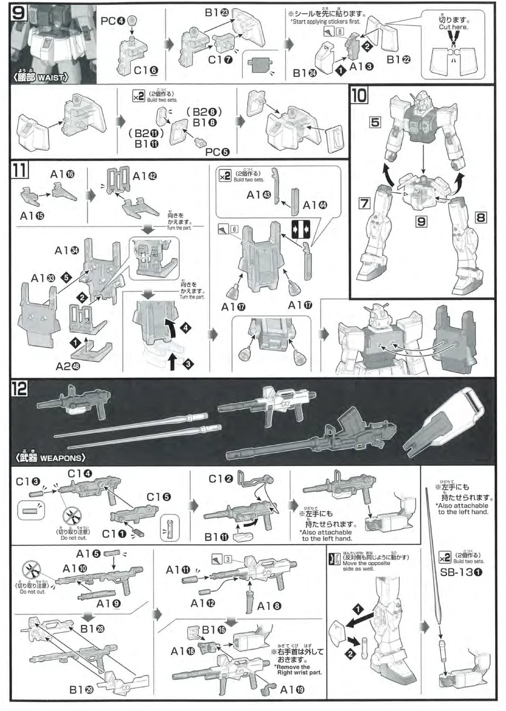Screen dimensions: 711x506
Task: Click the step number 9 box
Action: click(18, 12)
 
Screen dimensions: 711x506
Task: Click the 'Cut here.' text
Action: click(453, 27)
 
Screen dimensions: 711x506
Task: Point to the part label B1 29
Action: click(81, 690)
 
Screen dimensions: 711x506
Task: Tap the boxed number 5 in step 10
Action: click(375, 122)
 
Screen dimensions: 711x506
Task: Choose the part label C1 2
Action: click(221, 479)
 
